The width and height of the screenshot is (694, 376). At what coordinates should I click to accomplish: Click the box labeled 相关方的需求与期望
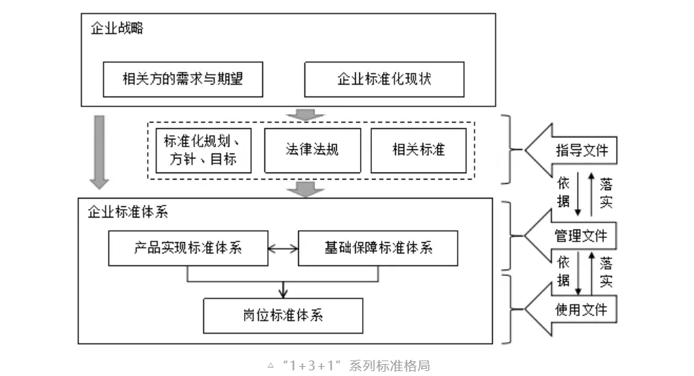tap(183, 79)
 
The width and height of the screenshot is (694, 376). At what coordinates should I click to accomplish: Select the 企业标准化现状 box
tap(384, 79)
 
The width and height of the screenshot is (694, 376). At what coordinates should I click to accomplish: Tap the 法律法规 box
tap(312, 150)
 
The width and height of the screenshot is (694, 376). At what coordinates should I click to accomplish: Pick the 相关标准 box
tap(418, 150)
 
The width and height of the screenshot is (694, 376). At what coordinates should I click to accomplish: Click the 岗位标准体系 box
tap(283, 315)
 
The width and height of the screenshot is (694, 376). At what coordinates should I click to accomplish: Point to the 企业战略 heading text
tap(117, 29)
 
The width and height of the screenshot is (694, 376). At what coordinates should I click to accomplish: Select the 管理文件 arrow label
tap(581, 234)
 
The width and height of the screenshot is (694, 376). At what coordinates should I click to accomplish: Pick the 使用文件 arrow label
tap(581, 309)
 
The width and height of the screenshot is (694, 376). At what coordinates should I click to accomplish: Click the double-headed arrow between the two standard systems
tap(283, 248)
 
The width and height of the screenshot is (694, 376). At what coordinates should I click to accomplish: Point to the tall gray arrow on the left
tap(99, 152)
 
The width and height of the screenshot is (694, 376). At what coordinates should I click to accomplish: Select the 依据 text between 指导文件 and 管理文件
tap(564, 192)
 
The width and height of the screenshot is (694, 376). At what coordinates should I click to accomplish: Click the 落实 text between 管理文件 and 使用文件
tap(605, 272)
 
